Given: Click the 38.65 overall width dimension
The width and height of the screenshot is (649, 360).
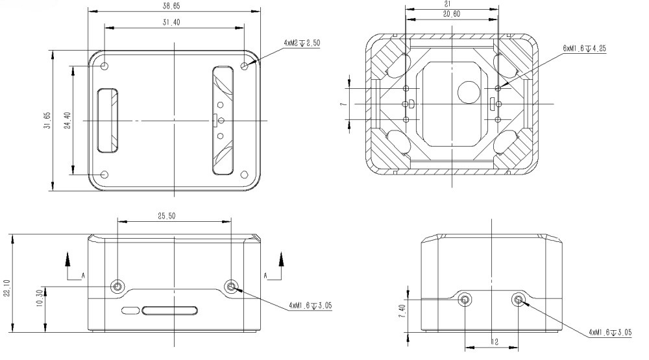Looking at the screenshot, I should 172,6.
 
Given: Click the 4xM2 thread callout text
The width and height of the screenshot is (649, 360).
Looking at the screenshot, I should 302,43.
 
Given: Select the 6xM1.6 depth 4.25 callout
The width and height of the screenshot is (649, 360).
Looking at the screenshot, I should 585,48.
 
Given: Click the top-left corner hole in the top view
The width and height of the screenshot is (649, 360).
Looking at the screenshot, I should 105,66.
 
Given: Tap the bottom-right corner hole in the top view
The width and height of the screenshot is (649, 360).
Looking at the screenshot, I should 245,174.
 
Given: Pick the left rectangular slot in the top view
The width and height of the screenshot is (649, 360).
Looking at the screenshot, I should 108,120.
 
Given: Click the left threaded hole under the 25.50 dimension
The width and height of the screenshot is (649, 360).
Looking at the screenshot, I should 118,287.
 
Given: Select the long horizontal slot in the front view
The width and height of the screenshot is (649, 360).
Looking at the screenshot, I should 171,310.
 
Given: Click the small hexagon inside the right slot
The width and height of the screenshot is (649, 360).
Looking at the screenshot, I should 221,120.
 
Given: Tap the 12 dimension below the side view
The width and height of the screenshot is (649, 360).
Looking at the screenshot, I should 494,341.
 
